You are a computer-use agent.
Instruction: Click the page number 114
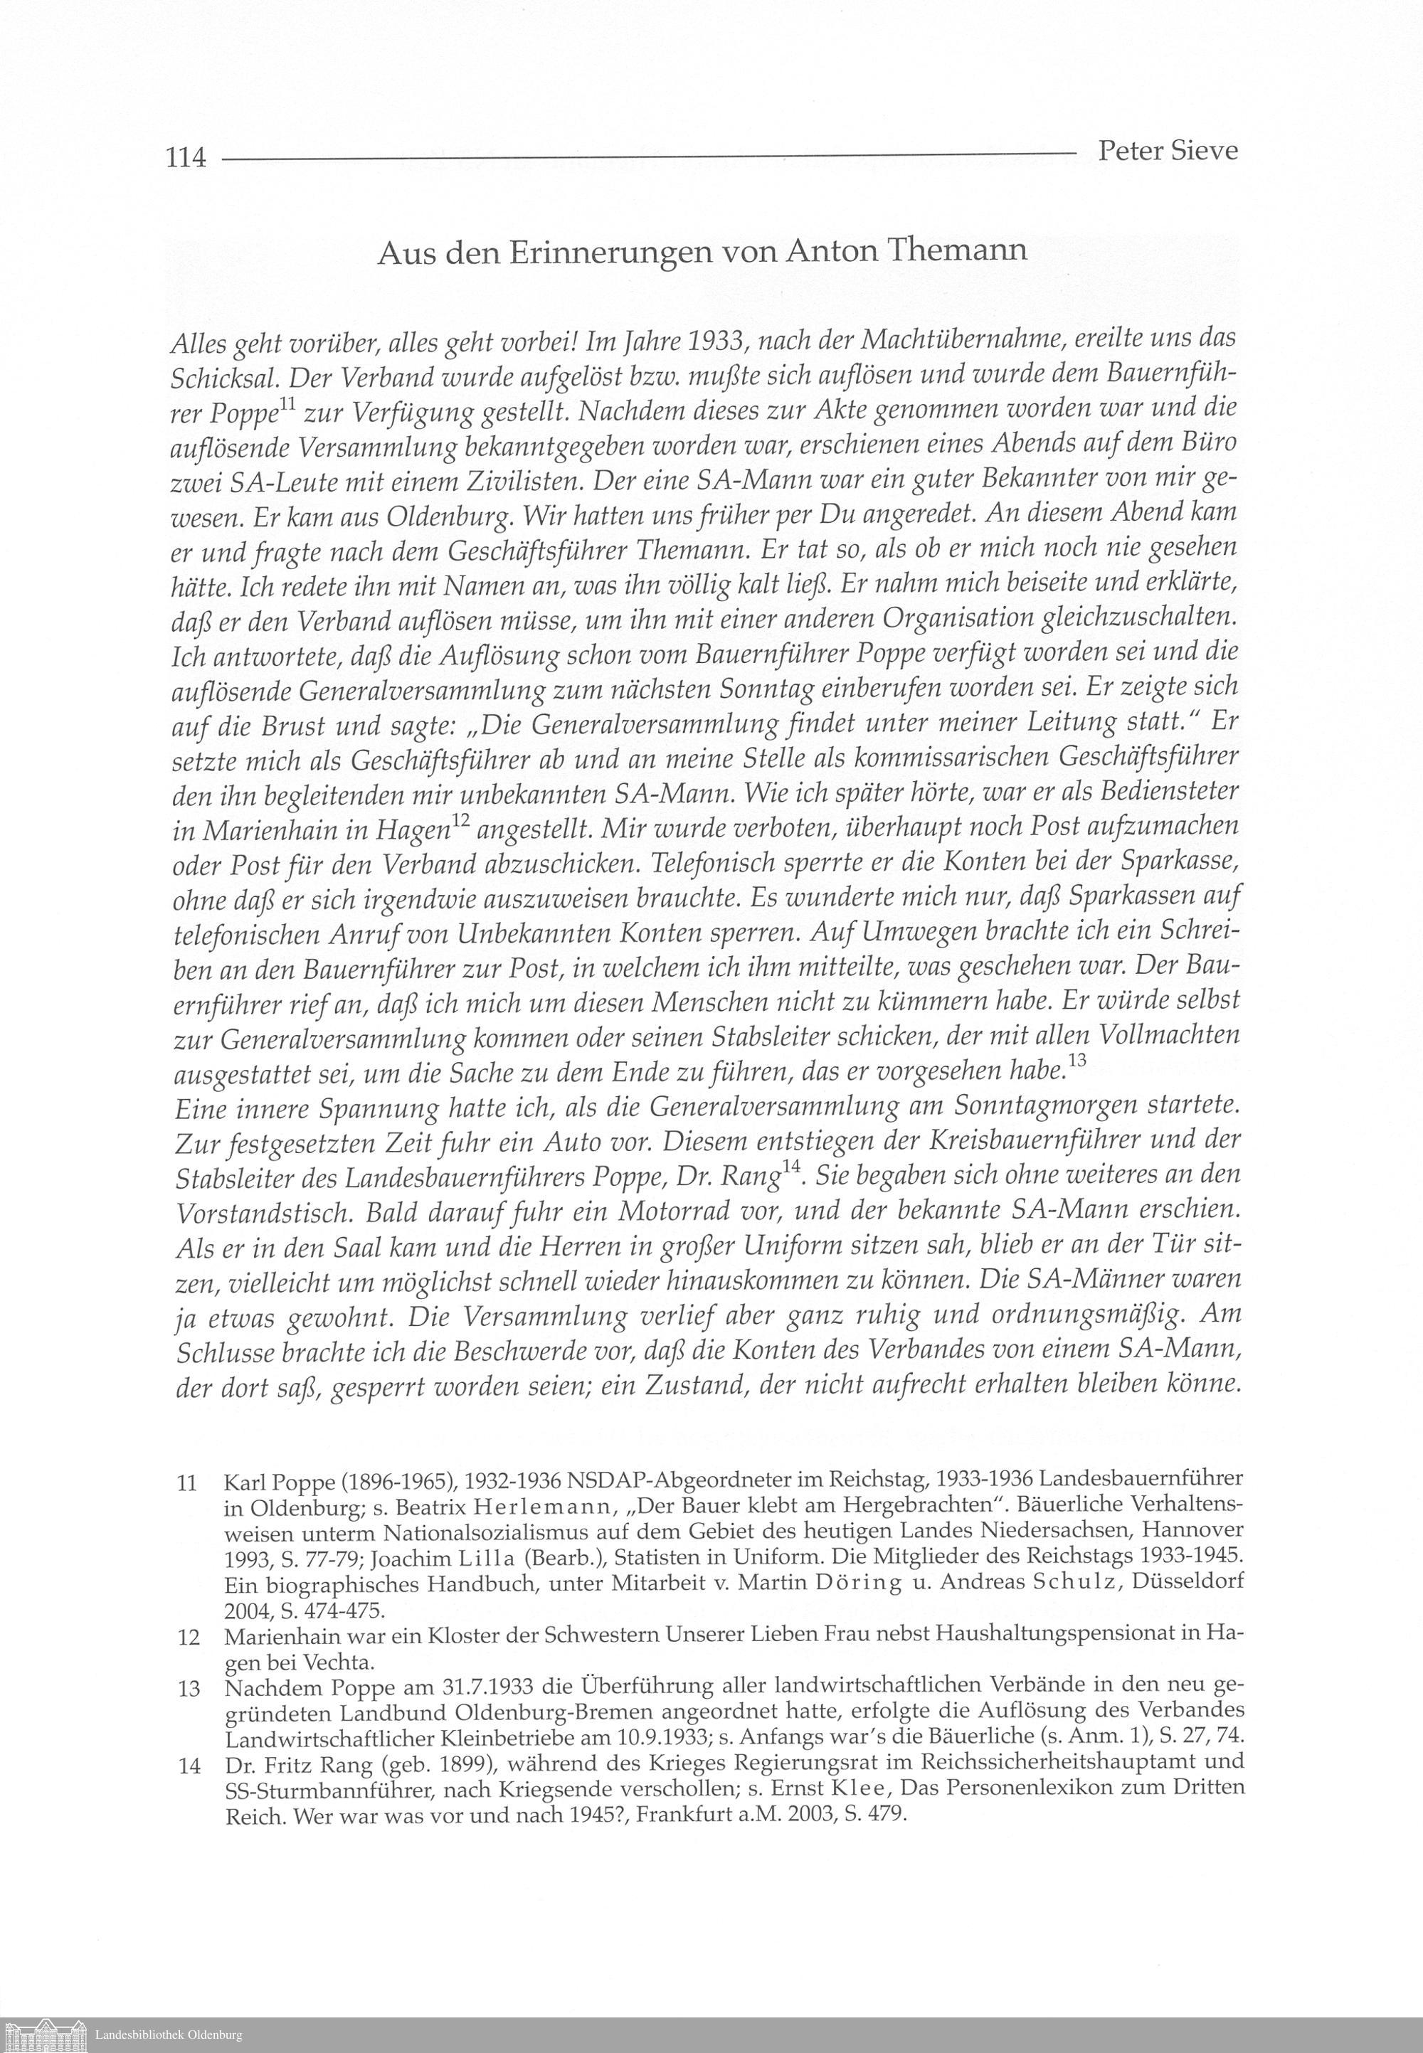[x=186, y=159]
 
